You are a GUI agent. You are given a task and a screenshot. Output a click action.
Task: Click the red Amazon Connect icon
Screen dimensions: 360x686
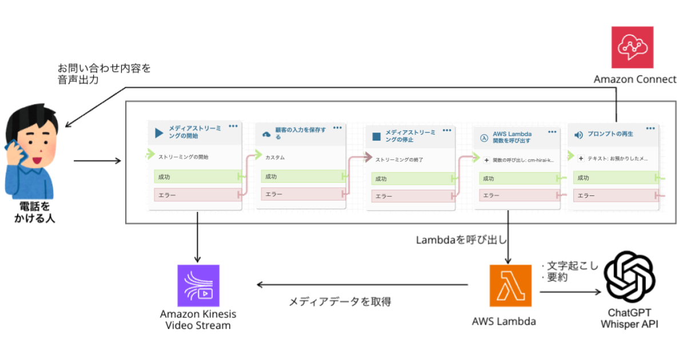tap(632, 47)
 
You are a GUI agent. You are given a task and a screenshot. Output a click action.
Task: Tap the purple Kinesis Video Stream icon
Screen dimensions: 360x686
tap(198, 285)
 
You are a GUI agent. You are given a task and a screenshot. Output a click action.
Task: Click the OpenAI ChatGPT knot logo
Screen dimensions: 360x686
tap(629, 279)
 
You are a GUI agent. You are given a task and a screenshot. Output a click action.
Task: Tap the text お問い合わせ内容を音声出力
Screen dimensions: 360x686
tap(104, 74)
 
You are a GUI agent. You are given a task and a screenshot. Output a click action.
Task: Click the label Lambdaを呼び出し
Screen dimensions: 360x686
tap(461, 241)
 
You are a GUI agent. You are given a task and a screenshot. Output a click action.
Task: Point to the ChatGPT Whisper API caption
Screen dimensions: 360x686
tap(629, 319)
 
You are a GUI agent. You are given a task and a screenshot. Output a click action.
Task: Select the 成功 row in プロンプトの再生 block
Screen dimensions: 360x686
tap(615, 178)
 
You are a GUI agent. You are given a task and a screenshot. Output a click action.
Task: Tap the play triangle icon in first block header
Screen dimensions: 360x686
tap(159, 134)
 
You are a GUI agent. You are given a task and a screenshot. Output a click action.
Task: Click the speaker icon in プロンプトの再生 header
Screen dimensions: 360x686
tap(579, 135)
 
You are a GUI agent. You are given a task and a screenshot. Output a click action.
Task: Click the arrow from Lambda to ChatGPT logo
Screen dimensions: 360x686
tap(570, 292)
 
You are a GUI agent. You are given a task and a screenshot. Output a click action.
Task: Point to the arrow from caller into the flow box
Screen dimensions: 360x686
tap(97, 161)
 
